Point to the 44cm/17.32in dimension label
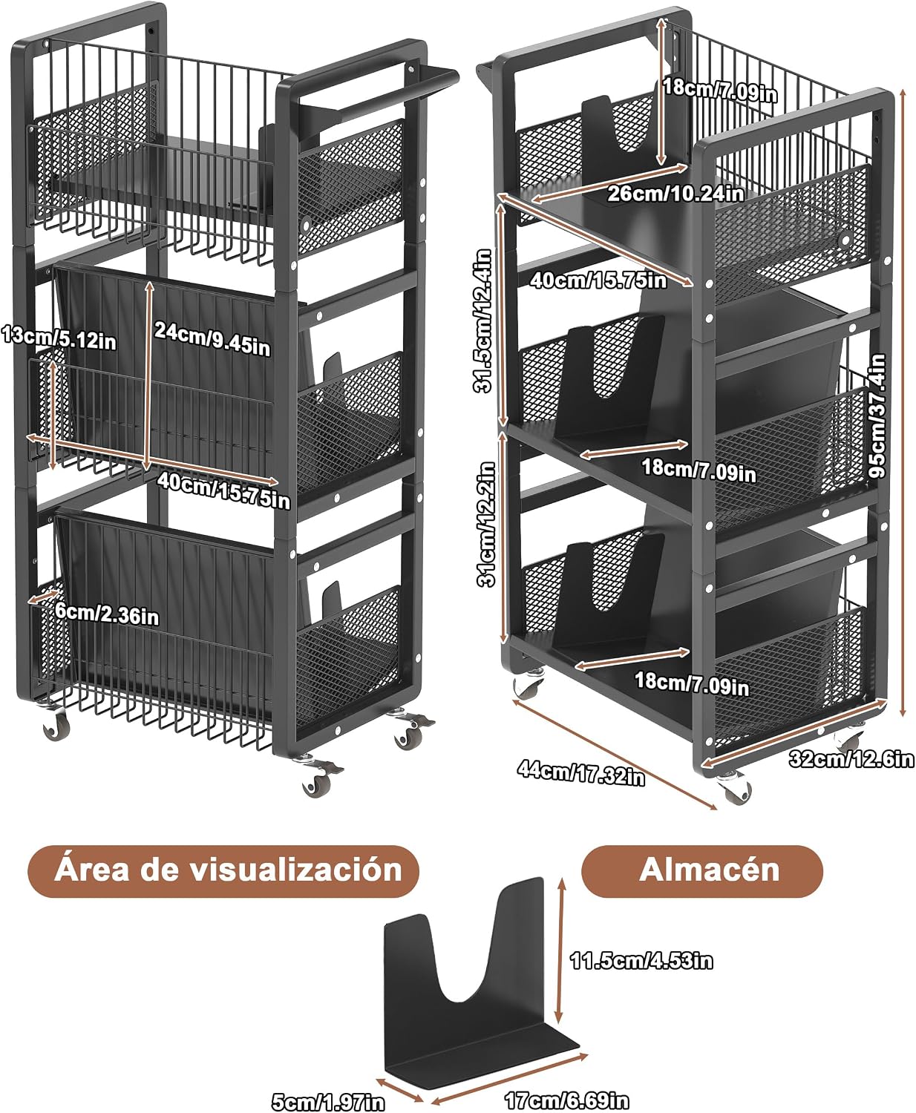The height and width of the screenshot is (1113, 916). (x=580, y=773)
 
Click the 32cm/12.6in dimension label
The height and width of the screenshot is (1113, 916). (x=851, y=759)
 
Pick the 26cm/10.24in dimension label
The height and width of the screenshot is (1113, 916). (x=675, y=194)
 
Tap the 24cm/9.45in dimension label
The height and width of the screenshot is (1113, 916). (x=212, y=339)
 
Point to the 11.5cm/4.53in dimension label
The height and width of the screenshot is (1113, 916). (x=641, y=960)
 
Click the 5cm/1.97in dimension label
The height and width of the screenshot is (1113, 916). (x=328, y=1102)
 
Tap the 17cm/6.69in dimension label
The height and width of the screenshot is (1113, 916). (x=567, y=1100)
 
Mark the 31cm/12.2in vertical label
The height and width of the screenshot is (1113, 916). (x=486, y=524)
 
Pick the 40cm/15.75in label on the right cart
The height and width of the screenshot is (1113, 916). (x=598, y=280)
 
